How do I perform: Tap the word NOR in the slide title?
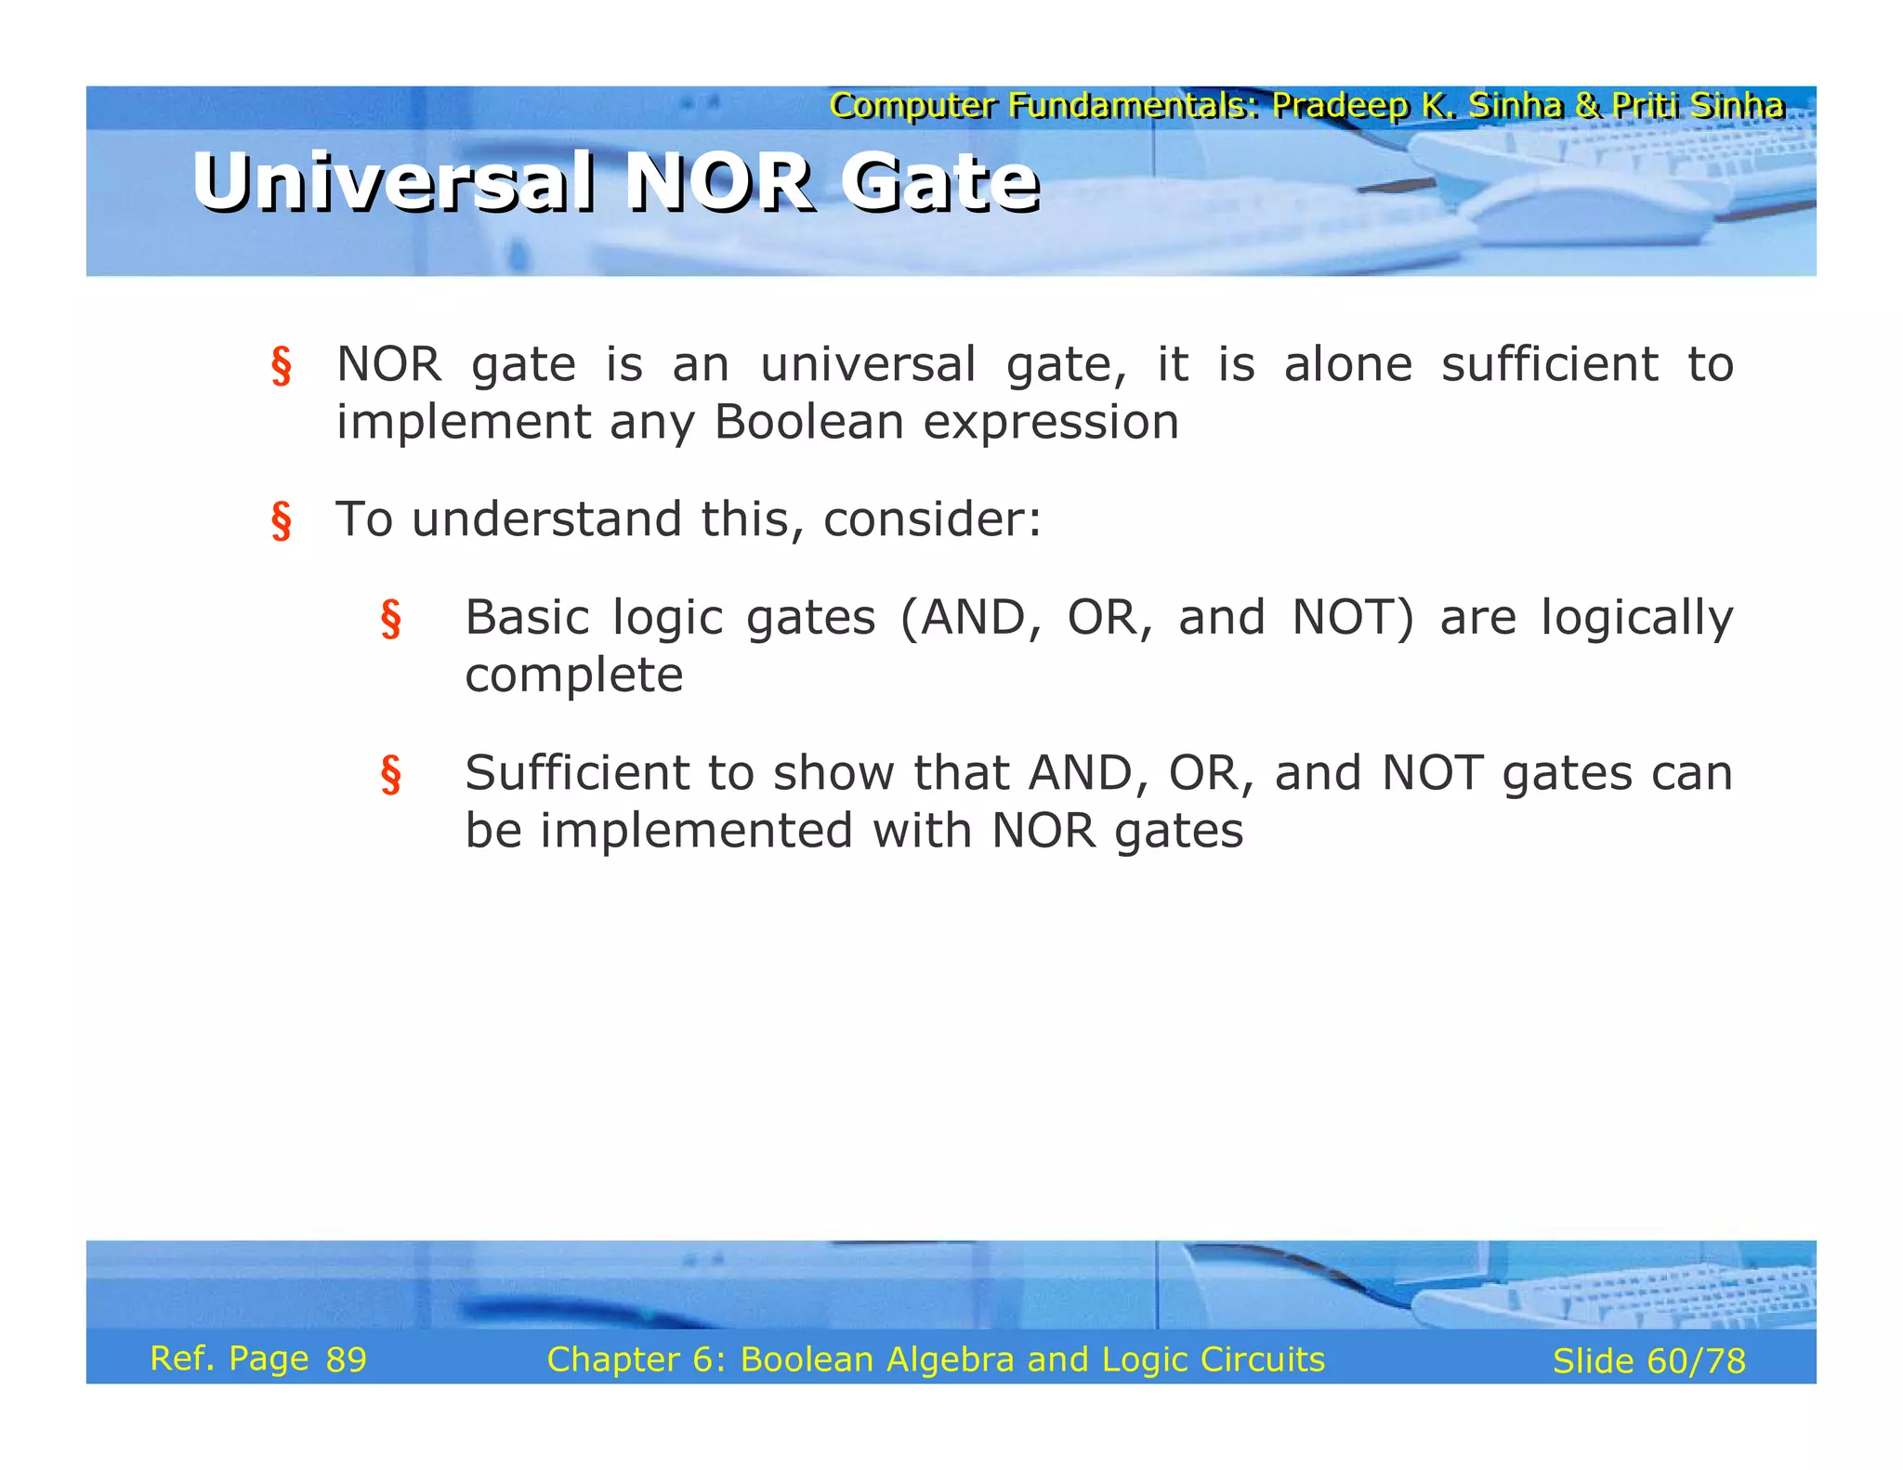pyautogui.click(x=719, y=182)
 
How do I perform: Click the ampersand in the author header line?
pyautogui.click(x=1587, y=106)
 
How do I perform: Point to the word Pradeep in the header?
pyautogui.click(x=1339, y=106)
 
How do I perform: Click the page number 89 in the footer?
pyautogui.click(x=346, y=1359)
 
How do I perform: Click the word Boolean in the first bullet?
pyautogui.click(x=808, y=422)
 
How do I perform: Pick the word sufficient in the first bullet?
pyautogui.click(x=1549, y=364)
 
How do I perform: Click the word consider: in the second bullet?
pyautogui.click(x=932, y=518)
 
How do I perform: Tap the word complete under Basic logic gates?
pyautogui.click(x=573, y=676)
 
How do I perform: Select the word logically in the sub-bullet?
pyautogui.click(x=1636, y=618)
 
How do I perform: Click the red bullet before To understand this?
pyautogui.click(x=281, y=520)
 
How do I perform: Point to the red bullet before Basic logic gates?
pyautogui.click(x=390, y=620)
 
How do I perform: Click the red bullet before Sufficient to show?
pyautogui.click(x=390, y=775)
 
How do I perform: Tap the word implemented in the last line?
pyautogui.click(x=696, y=831)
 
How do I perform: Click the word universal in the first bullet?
pyautogui.click(x=868, y=364)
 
